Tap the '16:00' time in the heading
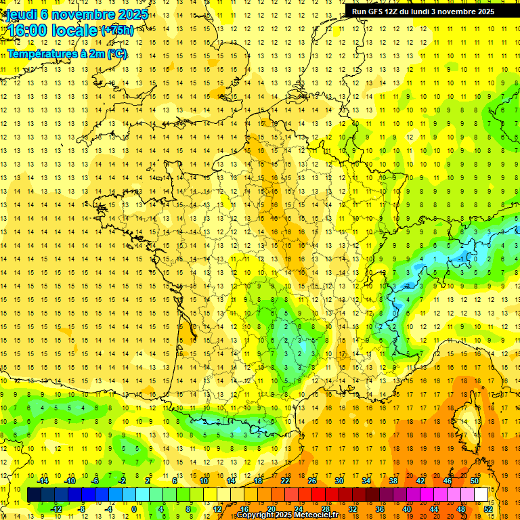27,30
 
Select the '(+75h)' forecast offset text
116,30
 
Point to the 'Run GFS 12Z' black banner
422,11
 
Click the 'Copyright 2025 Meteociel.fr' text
287,515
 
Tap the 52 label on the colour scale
488,508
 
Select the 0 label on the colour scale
134,508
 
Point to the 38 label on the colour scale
393,481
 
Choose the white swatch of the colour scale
481,494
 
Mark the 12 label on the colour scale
217,508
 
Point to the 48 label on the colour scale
461,508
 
